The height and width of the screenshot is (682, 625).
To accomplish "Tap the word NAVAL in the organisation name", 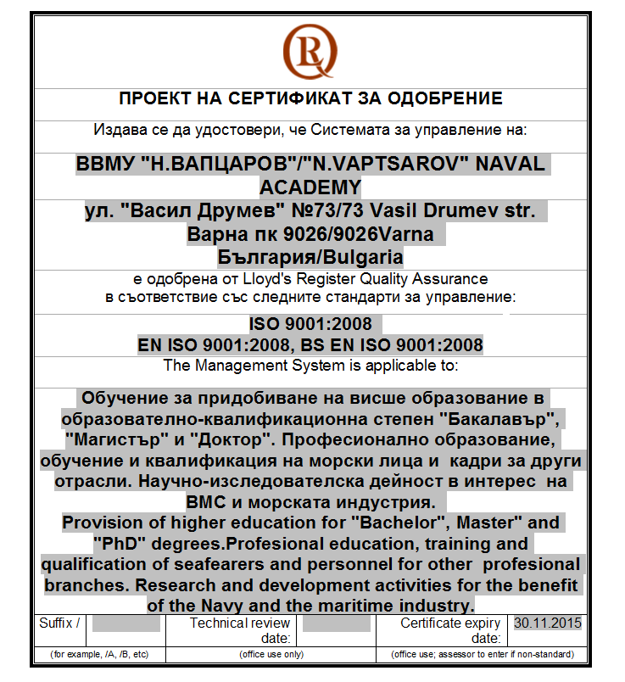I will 507,165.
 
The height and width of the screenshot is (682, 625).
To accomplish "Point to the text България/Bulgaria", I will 310,256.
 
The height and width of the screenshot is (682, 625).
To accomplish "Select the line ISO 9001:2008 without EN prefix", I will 310,324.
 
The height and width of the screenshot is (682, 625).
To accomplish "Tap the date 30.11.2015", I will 548,623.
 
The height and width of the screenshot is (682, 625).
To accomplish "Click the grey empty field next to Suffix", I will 126,624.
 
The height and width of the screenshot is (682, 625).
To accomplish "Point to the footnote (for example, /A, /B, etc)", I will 99,655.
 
